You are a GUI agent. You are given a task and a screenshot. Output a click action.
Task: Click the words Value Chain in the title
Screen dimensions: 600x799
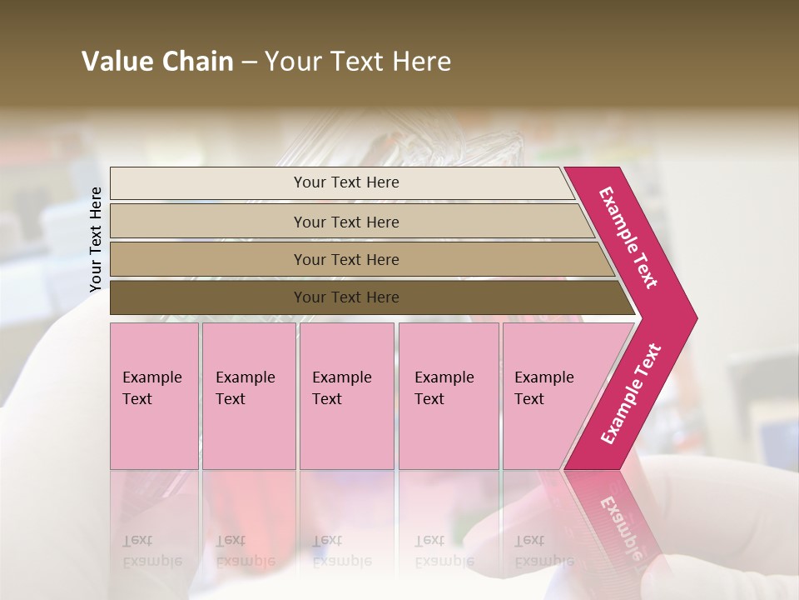click(157, 62)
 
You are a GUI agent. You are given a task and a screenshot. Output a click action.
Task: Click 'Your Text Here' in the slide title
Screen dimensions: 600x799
click(358, 62)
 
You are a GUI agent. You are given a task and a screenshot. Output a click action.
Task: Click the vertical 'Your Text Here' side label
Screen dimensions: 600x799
click(96, 239)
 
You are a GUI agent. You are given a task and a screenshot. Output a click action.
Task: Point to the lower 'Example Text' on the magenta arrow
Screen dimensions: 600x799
click(631, 394)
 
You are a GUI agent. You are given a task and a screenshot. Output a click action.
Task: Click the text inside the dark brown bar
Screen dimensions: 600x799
click(346, 297)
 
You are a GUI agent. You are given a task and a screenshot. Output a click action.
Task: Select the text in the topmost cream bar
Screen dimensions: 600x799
click(346, 182)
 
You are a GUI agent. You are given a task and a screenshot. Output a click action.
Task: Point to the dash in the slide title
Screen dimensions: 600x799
click(249, 62)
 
